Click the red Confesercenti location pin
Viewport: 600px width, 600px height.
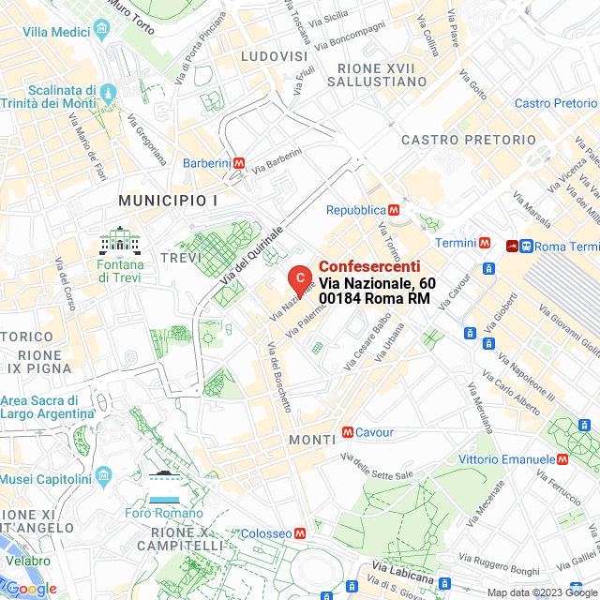pyautogui.click(x=298, y=278)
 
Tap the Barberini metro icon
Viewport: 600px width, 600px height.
pyautogui.click(x=240, y=163)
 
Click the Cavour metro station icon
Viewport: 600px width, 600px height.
pyautogui.click(x=348, y=432)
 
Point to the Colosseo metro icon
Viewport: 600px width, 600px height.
pyautogui.click(x=300, y=533)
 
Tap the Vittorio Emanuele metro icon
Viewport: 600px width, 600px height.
pyautogui.click(x=562, y=459)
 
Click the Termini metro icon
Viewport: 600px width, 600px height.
pyautogui.click(x=485, y=243)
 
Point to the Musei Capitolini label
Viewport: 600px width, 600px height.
pyautogui.click(x=45, y=479)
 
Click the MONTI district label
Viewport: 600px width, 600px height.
pyautogui.click(x=312, y=440)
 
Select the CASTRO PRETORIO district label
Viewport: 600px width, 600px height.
pyautogui.click(x=469, y=140)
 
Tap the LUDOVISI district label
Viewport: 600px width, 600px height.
pyautogui.click(x=274, y=57)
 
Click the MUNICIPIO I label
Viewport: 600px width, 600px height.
pyautogui.click(x=168, y=201)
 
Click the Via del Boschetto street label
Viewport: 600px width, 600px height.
pyautogui.click(x=278, y=375)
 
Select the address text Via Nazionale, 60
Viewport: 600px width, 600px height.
pyautogui.click(x=377, y=283)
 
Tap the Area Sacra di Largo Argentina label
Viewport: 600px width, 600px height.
pyautogui.click(x=47, y=407)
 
